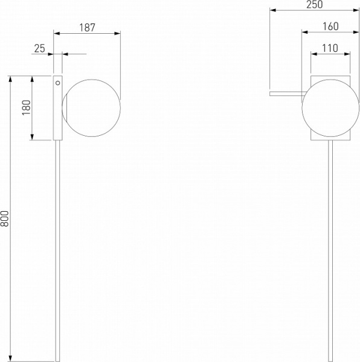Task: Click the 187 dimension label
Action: pos(87,28)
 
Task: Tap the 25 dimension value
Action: pos(39,48)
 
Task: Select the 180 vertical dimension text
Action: pos(27,107)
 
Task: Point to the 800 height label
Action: pos(4,218)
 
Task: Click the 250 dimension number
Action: pos(315,4)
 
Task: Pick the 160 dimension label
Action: pos(330,27)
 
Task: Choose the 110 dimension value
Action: pos(330,48)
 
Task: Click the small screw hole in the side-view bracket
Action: pos(58,83)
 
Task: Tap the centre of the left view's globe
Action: pos(91,108)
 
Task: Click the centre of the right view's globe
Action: pos(330,108)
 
